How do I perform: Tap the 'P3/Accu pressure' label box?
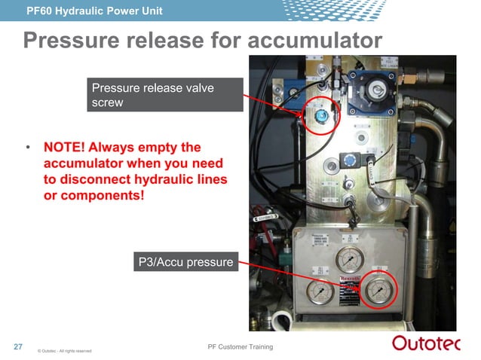click(185, 263)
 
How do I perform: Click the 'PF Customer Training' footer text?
click(240, 346)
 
